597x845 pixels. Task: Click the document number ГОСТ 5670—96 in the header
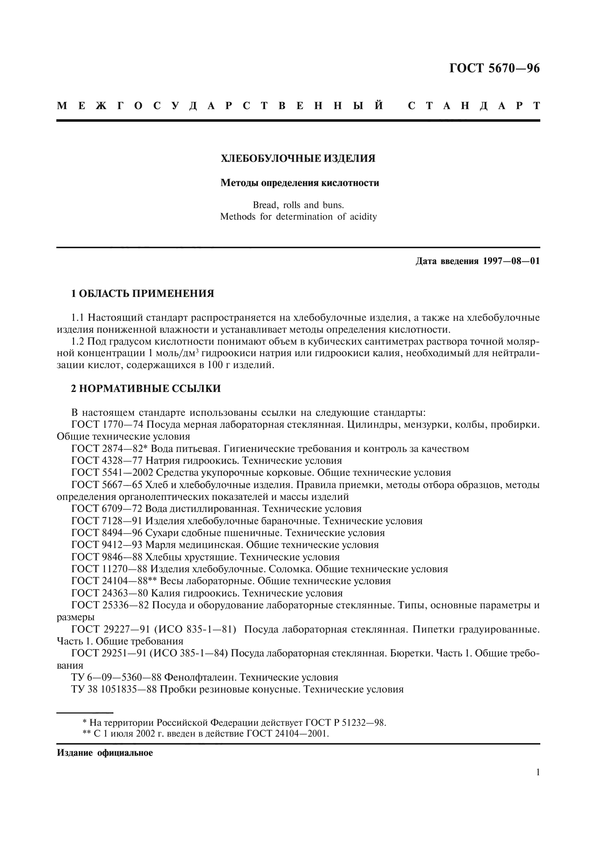tap(494, 68)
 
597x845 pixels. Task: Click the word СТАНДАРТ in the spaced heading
tap(474, 106)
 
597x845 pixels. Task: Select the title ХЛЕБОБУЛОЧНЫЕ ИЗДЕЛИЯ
tap(298, 159)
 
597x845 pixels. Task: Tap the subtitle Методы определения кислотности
tap(299, 183)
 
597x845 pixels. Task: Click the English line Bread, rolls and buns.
tap(298, 205)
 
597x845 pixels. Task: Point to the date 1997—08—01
tap(511, 261)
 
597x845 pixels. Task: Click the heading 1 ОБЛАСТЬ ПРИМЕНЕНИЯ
tap(142, 294)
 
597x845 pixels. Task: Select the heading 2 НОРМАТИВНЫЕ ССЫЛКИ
tap(146, 389)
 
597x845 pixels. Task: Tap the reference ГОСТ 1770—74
tap(107, 425)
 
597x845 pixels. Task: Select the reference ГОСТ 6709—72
tap(107, 509)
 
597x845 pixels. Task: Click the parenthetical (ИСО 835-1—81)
tap(195, 629)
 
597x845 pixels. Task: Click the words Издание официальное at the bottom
tap(105, 753)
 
